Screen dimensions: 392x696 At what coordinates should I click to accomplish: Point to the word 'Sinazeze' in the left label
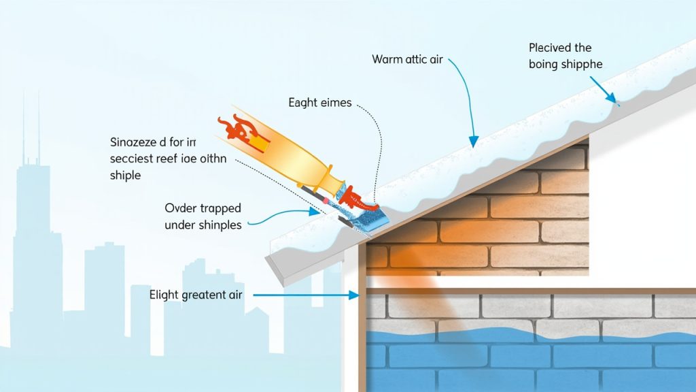[x=133, y=144]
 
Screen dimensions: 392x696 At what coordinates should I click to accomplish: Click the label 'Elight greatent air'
[x=196, y=295]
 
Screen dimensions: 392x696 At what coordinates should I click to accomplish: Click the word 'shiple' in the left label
[x=125, y=176]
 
